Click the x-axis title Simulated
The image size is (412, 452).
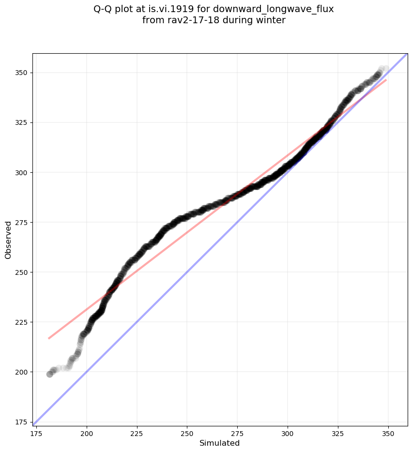[220, 443]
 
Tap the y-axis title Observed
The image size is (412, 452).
[8, 240]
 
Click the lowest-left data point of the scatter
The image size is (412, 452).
[49, 374]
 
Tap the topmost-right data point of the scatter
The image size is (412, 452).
[386, 69]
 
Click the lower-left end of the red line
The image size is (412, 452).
[49, 338]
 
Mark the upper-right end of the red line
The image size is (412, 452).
[386, 80]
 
